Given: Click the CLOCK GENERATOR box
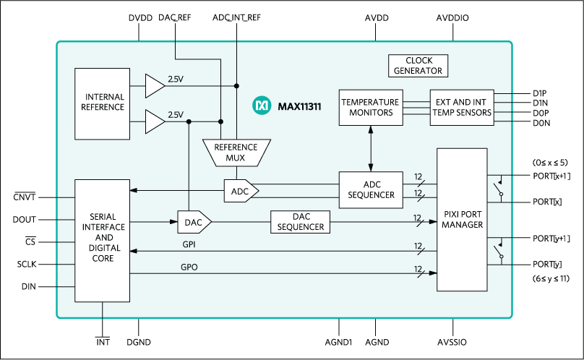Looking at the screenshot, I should [418, 66].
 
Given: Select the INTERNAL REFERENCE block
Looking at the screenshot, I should [105, 103].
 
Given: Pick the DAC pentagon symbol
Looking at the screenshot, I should [194, 222].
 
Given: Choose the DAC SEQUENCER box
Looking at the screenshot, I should [300, 222].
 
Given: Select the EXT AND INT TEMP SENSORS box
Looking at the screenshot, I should [462, 107].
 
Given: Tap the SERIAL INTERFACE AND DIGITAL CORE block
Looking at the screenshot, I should [103, 238].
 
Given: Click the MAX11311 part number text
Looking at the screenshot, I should [299, 107].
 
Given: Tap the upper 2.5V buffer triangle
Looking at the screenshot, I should [153, 86].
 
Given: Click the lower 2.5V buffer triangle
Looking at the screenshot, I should [153, 121].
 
